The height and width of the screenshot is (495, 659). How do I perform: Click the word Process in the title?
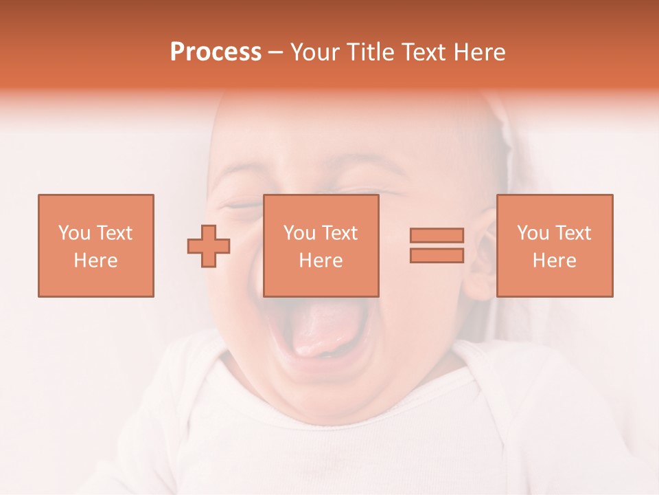(x=216, y=52)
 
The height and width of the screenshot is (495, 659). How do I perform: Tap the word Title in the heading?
(x=369, y=52)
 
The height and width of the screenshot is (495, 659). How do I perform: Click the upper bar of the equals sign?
(x=437, y=235)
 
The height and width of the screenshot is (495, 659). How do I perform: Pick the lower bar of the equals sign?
(x=437, y=256)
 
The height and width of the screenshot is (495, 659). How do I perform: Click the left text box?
(x=95, y=245)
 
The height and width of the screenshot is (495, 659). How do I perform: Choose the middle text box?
(x=321, y=245)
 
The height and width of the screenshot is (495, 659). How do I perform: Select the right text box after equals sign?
(x=554, y=245)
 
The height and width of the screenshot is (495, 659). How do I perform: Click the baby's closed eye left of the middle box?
(x=241, y=205)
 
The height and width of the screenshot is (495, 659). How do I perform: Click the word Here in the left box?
(x=95, y=261)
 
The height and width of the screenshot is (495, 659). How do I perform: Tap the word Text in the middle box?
(x=340, y=233)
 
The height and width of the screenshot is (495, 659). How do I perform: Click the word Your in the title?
(x=315, y=52)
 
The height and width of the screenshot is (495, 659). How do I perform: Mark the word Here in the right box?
(x=554, y=261)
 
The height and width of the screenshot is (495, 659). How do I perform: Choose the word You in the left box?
(x=74, y=233)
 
